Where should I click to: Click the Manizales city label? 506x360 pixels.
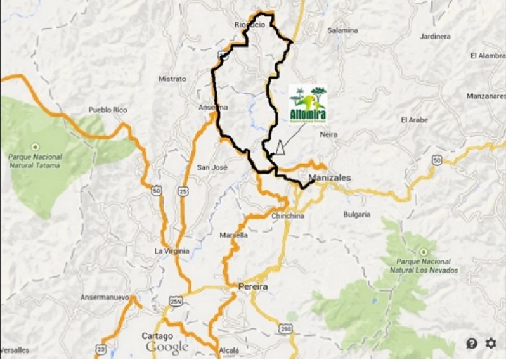coord(329,178)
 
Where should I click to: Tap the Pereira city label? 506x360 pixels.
coord(253,286)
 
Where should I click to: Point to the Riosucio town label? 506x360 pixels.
coord(249,25)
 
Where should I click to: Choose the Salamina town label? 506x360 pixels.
coord(342,30)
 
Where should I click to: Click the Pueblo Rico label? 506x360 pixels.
coord(108,110)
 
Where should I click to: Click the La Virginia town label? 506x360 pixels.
coord(172,251)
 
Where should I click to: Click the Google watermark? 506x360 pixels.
coord(167,347)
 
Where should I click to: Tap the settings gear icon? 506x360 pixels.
coord(491,344)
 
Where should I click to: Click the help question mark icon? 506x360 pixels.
coord(472,344)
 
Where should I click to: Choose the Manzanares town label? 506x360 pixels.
coord(484,96)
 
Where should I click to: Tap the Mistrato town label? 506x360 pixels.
coord(172,79)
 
